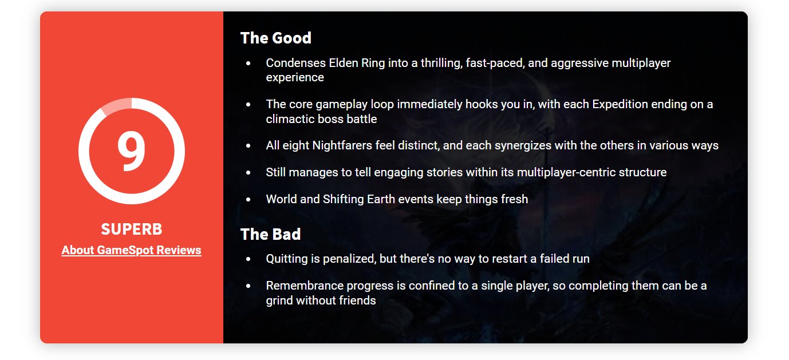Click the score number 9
pyautogui.click(x=131, y=151)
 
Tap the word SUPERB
pyautogui.click(x=131, y=229)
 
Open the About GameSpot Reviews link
pyautogui.click(x=131, y=250)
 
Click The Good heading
pyautogui.click(x=276, y=38)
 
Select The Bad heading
pyautogui.click(x=270, y=234)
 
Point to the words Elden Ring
pyautogui.click(x=357, y=63)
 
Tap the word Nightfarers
pyautogui.click(x=342, y=145)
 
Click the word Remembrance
pyautogui.click(x=305, y=286)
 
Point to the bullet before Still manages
pyautogui.click(x=248, y=173)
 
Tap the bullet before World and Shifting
pyautogui.click(x=248, y=199)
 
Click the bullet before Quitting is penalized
pyautogui.click(x=248, y=259)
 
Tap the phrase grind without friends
pyautogui.click(x=321, y=300)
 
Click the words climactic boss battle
pyautogui.click(x=321, y=119)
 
